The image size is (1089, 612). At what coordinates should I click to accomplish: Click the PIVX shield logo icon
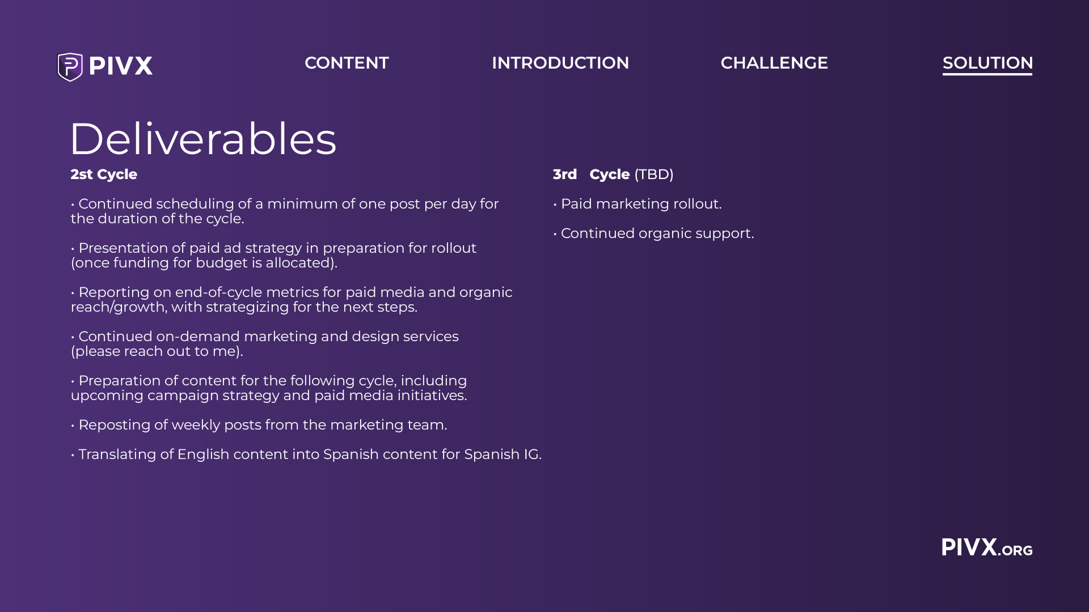[x=70, y=67]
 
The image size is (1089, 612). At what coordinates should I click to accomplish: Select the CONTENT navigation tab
[x=347, y=63]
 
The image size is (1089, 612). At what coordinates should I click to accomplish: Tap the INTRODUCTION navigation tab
[x=560, y=63]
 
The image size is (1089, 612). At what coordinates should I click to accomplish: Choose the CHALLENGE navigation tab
[x=774, y=63]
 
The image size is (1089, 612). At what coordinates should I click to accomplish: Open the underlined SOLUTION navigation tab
[x=987, y=63]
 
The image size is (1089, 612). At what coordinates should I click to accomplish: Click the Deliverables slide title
[x=203, y=139]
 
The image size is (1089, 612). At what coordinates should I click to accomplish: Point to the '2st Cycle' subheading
[x=104, y=175]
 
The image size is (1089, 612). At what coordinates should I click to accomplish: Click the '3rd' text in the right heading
[x=565, y=175]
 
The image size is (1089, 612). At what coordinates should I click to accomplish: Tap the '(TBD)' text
[x=654, y=175]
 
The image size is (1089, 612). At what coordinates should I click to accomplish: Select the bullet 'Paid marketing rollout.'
[x=638, y=204]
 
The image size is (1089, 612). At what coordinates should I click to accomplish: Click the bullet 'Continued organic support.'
[x=653, y=233]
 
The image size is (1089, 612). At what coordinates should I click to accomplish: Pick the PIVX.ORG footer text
[x=987, y=547]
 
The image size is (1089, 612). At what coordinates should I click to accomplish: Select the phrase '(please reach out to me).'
[x=157, y=351]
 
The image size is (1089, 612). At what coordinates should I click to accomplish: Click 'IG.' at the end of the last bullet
[x=533, y=454]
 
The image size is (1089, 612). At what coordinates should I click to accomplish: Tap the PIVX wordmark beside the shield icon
[x=121, y=66]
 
